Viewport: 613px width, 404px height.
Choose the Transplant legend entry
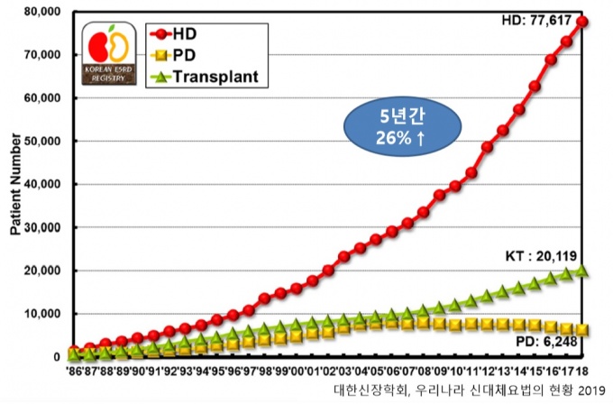[221, 77]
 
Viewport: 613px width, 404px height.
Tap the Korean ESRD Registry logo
[110, 55]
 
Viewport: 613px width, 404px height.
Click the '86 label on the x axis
[74, 371]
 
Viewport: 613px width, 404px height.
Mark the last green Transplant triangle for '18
[582, 271]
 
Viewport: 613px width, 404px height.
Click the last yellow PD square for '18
[582, 330]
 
